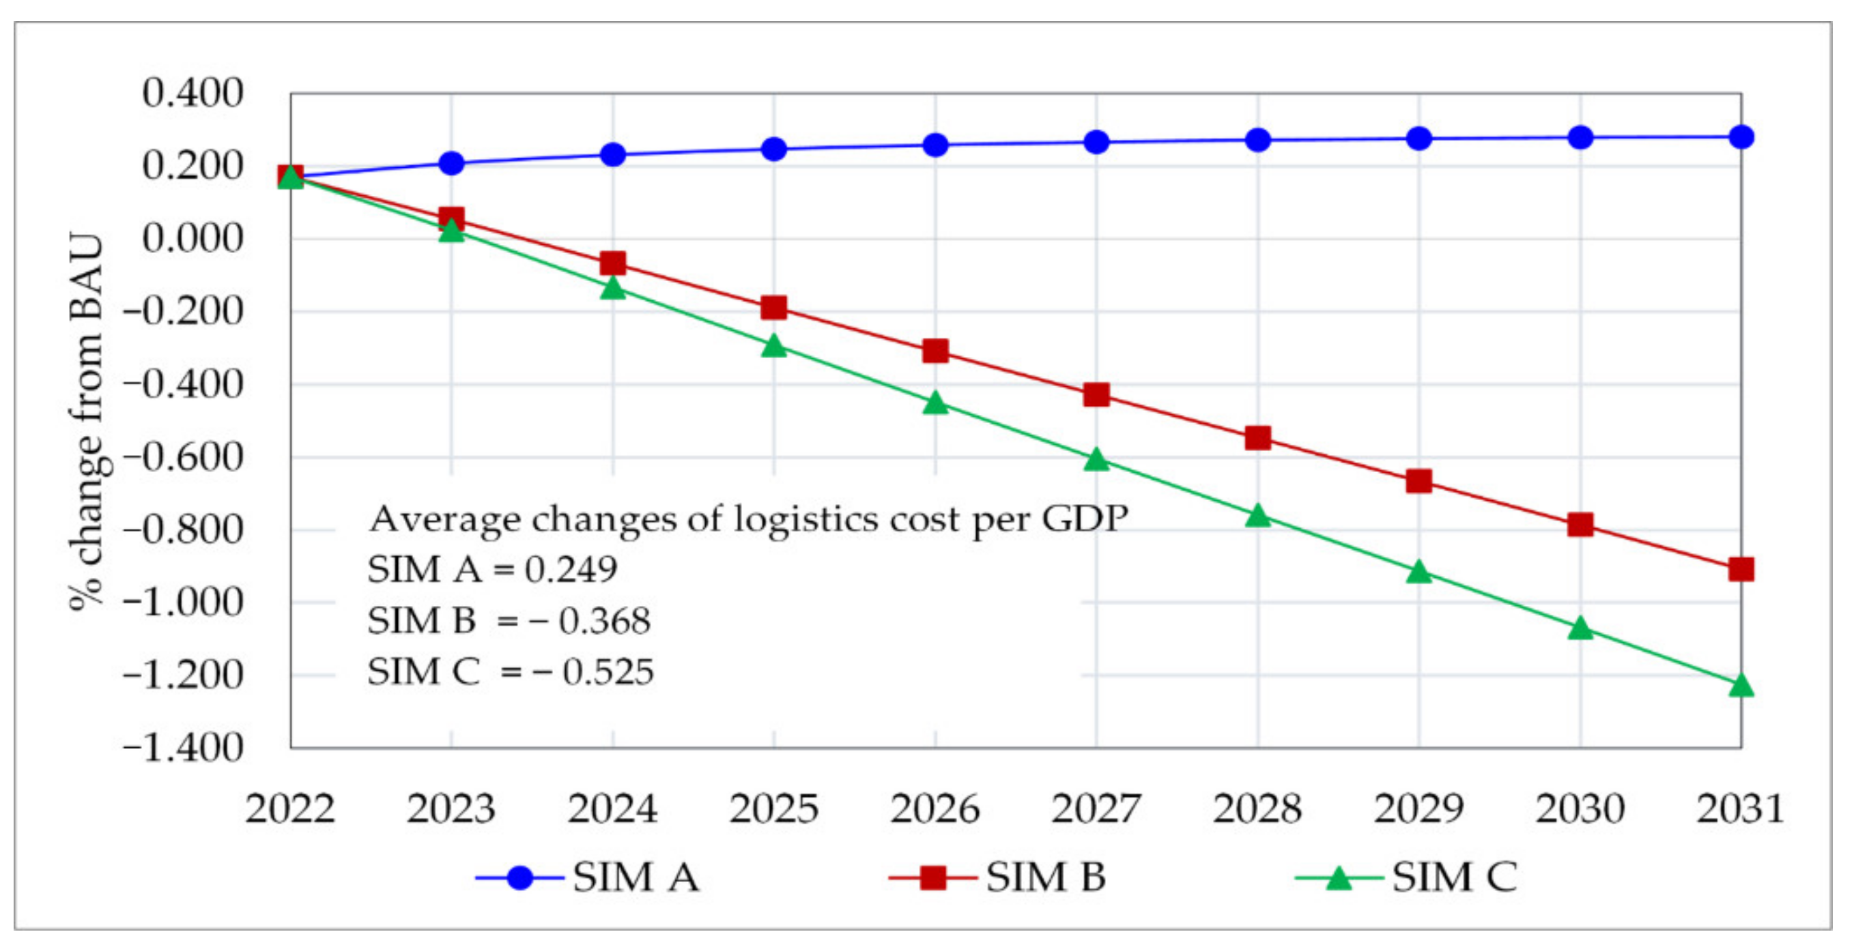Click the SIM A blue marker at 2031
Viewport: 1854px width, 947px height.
pos(1741,136)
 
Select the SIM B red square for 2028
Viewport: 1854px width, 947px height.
pos(1257,437)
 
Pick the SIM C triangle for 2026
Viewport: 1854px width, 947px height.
pos(935,403)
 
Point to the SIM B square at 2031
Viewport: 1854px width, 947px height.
pos(1741,569)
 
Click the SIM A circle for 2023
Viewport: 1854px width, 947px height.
pos(451,163)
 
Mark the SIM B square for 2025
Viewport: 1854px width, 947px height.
pos(773,307)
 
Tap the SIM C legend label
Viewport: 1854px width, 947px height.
pos(1454,877)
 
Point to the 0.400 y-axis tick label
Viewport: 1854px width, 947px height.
pos(192,93)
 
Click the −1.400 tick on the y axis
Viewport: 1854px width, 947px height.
pos(184,748)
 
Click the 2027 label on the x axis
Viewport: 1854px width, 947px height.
pos(1096,808)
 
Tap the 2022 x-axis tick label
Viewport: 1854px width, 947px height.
pos(290,808)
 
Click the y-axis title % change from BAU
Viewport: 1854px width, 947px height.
pos(87,421)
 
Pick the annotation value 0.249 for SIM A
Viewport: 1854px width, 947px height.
pos(570,570)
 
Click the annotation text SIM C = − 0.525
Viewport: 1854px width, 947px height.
pos(509,672)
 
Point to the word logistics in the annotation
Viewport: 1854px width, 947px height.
pos(806,520)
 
